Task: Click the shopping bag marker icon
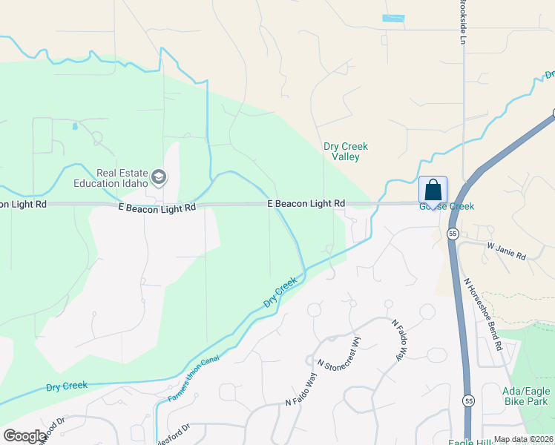433,190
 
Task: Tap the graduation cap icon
158,177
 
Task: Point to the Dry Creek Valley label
346,151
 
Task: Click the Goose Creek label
447,206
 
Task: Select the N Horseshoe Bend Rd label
483,314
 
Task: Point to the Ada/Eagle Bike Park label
525,396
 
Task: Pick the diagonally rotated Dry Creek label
280,292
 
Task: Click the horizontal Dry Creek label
66,386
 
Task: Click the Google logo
24,436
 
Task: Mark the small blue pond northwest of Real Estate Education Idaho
75,126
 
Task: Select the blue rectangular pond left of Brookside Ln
393,18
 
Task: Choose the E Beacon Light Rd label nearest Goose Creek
306,202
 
